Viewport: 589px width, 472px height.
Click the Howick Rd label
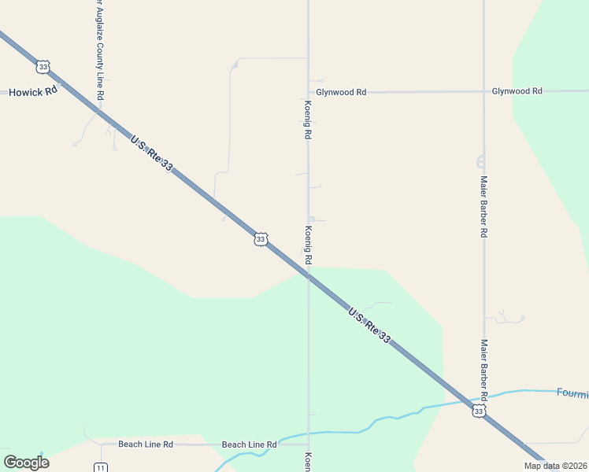coord(34,92)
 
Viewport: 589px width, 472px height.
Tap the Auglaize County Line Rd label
coord(99,50)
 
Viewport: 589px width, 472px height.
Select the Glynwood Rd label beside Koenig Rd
coord(341,92)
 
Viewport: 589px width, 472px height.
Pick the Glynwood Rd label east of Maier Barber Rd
coord(517,91)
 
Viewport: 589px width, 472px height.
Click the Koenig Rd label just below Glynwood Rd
coord(308,120)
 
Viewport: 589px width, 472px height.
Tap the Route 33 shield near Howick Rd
coord(43,67)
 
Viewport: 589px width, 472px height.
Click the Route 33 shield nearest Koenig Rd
coord(260,238)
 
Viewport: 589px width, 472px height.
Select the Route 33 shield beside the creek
coord(479,411)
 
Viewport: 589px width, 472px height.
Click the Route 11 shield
coord(100,467)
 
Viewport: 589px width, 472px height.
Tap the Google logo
coord(26,462)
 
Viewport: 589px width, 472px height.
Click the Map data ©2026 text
coord(556,466)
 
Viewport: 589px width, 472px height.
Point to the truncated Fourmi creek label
coord(572,393)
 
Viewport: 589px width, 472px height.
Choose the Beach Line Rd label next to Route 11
coord(145,444)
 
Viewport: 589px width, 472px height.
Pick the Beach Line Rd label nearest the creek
coord(249,445)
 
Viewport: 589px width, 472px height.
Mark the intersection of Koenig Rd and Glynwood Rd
coord(308,92)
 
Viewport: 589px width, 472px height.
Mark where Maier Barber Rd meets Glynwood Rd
coord(483,91)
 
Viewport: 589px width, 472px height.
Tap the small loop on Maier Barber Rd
coord(480,162)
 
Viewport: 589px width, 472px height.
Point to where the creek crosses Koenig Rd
coord(308,433)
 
